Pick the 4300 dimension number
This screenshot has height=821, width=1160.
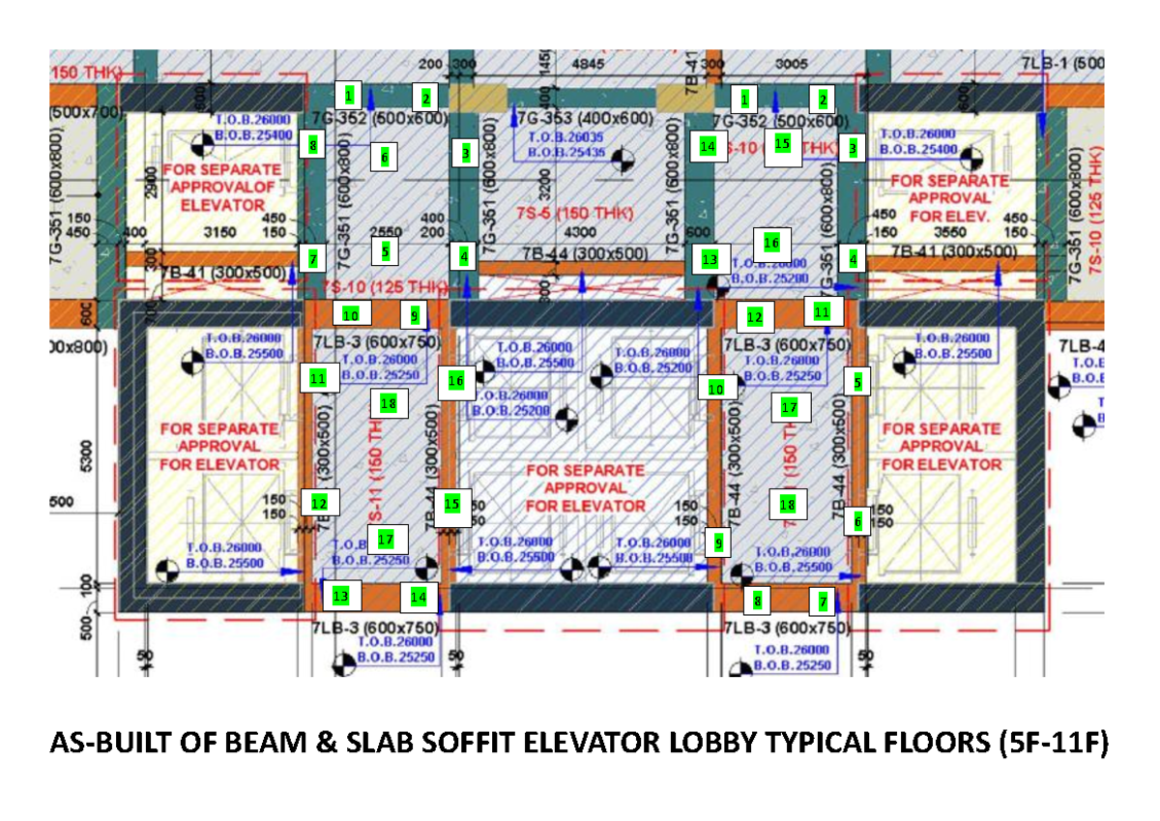578,232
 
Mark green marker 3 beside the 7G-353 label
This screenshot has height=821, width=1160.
465,153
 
